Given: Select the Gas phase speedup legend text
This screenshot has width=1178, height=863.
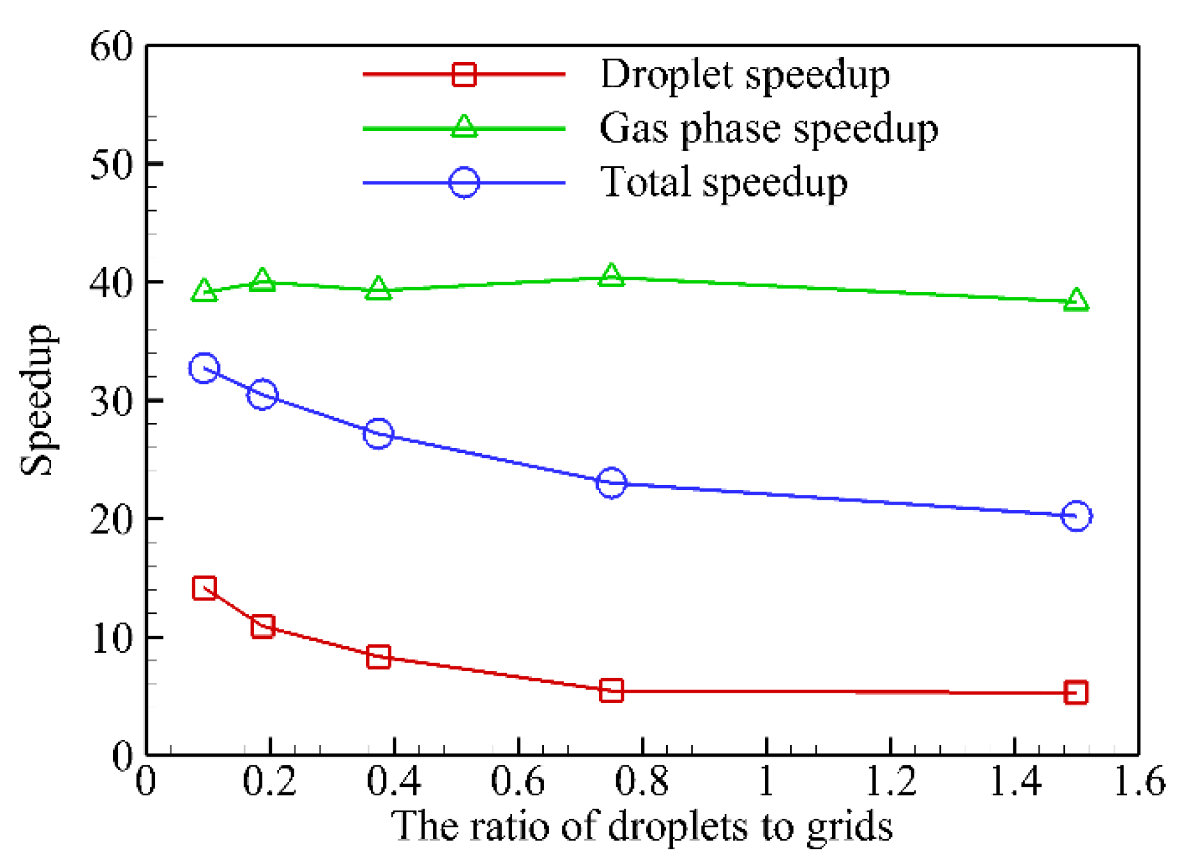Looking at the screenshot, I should coord(768,130).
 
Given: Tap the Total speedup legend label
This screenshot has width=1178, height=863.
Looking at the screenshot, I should coord(724,183).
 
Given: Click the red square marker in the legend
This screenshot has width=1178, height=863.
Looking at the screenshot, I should coord(464,74).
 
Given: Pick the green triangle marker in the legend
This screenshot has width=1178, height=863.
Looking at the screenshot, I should coord(464,127).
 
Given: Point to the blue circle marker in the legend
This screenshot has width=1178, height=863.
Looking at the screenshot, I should coord(464,183).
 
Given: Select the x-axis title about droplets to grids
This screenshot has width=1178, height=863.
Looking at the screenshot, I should coord(642,827).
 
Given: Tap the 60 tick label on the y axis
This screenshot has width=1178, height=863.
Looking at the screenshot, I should coord(111,47).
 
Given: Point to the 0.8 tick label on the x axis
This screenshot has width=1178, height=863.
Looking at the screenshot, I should coord(642,782).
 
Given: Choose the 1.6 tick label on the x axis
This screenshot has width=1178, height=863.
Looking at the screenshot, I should coord(1139,782).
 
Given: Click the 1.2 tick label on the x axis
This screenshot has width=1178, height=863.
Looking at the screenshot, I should coord(890,782).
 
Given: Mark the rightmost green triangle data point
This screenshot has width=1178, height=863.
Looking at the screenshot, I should coord(1076,301).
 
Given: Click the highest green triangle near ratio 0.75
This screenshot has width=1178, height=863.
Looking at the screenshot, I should coord(611,276).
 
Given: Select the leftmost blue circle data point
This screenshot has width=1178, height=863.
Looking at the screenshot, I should coord(204,368).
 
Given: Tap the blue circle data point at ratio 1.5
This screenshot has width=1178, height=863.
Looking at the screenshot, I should coord(1076,516).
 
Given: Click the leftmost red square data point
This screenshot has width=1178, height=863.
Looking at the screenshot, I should coord(204,588).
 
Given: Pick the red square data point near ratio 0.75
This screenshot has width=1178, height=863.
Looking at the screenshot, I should coord(611,691).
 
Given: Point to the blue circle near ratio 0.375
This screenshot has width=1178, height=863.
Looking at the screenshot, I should coord(378,434).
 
